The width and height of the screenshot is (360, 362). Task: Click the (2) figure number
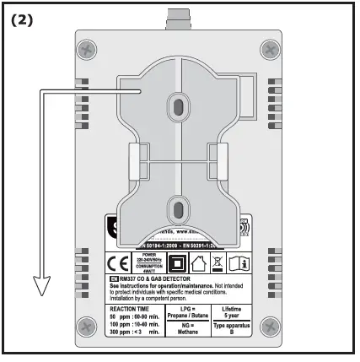click(23, 19)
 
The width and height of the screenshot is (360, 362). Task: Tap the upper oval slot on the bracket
click(179, 103)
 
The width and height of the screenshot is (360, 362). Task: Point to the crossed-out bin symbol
click(217, 262)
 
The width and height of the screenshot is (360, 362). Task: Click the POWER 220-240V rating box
click(149, 262)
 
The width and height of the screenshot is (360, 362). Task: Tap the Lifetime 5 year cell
click(226, 313)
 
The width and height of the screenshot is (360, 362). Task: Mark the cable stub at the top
click(179, 17)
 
